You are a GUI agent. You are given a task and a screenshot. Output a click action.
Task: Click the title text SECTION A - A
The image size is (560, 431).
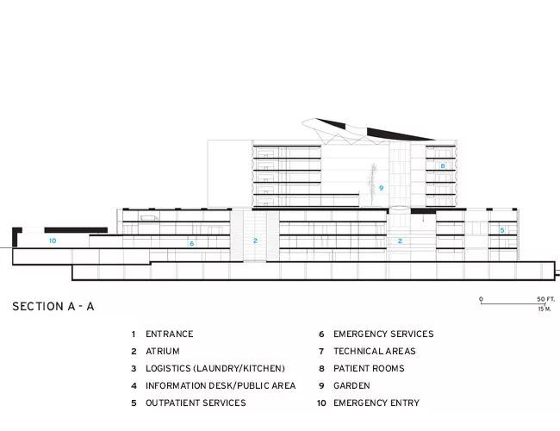coord(53,306)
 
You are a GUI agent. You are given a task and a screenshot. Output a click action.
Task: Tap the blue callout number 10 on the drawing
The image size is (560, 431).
coord(53,240)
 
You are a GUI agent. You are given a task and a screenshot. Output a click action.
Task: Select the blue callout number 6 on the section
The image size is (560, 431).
coord(192,243)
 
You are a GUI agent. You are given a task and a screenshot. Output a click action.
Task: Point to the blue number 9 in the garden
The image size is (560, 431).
coord(381,188)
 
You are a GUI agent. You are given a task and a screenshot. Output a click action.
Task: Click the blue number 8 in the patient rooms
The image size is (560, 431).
coord(443,166)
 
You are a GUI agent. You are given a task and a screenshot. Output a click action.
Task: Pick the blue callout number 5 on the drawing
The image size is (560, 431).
coord(502,230)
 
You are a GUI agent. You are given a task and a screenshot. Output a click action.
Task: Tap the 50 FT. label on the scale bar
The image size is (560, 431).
coord(545,299)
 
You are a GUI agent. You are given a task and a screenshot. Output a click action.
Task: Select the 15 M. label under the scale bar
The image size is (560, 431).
coord(544,309)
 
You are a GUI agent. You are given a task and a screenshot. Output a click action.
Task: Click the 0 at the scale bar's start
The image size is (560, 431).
coord(481,299)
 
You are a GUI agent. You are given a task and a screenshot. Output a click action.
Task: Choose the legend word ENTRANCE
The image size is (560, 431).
coord(169,334)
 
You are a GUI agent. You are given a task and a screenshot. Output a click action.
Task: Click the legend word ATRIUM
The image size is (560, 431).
coord(163,352)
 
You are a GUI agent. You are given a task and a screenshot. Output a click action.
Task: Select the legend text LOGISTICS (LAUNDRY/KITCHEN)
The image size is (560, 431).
coord(215,368)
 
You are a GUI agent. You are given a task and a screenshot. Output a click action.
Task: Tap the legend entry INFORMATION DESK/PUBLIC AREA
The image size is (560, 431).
coord(221,385)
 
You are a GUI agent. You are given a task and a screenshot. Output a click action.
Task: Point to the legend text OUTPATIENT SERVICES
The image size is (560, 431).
coord(196,403)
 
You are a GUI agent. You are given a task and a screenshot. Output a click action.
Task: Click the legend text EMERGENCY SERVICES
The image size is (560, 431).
coord(383,334)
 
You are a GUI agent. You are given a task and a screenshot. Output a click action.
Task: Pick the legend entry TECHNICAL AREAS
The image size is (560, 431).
coord(375,352)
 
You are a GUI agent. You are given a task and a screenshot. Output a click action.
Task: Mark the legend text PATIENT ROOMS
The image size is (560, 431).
coord(369,368)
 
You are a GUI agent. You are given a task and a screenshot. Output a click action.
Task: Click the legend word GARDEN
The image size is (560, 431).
coord(352,385)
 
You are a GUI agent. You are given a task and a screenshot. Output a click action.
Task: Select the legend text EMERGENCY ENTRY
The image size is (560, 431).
coord(376,403)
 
